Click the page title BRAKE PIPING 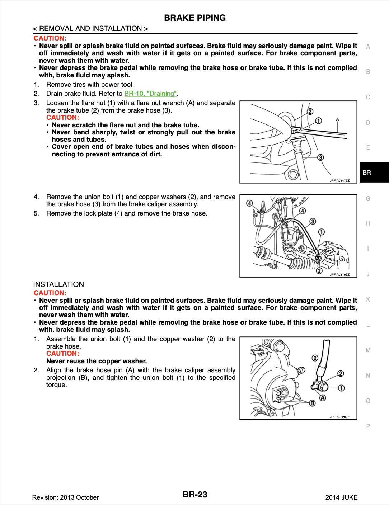(194, 18)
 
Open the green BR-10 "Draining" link (150, 94)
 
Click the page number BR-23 (195, 495)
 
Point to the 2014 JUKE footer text (341, 497)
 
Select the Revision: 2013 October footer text (65, 497)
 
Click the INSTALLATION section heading (58, 284)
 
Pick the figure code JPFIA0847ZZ (339, 181)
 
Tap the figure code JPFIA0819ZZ (339, 275)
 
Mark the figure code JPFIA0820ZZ (339, 417)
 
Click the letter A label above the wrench (338, 119)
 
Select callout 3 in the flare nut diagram (320, 157)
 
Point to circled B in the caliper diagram (313, 403)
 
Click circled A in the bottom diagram (323, 398)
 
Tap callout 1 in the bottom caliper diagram (341, 388)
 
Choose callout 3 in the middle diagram (313, 221)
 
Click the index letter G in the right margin (368, 198)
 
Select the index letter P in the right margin (368, 426)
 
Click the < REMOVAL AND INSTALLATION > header (90, 28)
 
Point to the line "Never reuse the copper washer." (97, 361)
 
